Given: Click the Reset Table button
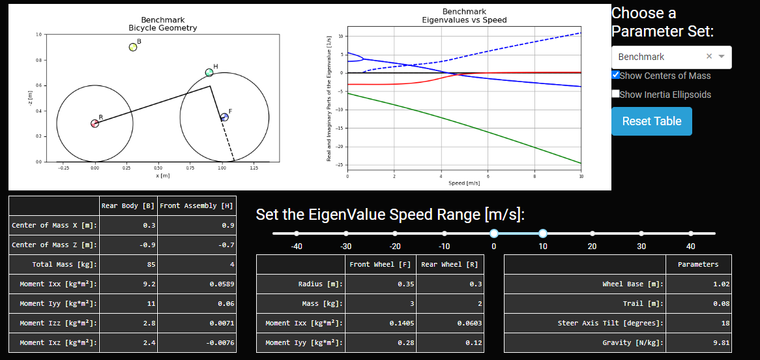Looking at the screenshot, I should (x=651, y=121).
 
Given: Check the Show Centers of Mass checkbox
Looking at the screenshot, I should (x=616, y=75).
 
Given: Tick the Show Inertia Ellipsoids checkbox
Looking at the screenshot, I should (x=616, y=94).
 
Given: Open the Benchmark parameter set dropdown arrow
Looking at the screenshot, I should (x=722, y=57).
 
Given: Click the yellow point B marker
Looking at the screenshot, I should (x=133, y=47).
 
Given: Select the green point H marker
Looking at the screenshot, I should (x=209, y=72).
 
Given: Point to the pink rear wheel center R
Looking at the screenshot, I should (x=95, y=123).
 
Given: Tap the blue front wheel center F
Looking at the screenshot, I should (x=224, y=117).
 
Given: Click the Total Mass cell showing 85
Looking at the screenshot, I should (x=128, y=264).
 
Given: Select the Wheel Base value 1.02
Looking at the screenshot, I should (x=699, y=284).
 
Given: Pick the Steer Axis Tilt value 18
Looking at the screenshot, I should (x=699, y=323).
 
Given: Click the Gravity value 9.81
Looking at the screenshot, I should (x=699, y=342).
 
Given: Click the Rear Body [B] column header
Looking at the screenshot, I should (x=128, y=205).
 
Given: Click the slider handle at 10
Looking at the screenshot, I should (x=543, y=233).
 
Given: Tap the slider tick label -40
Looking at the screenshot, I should (x=297, y=246).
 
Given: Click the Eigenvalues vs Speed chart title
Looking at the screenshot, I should (x=464, y=16).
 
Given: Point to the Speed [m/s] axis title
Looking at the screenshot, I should (x=464, y=183).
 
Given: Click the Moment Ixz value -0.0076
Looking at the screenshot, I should (x=197, y=342).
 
